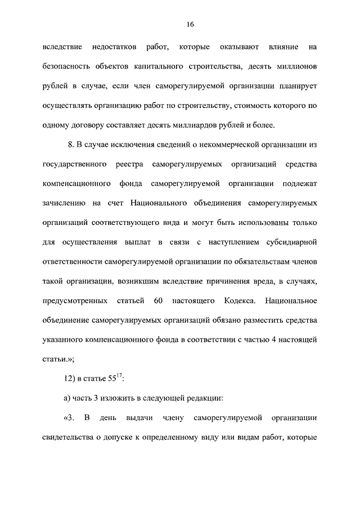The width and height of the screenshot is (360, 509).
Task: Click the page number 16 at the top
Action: (190, 24)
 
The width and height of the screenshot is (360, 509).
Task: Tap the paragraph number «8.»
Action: (71, 145)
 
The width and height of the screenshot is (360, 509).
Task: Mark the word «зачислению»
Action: (64, 203)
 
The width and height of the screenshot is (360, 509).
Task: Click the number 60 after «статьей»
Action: (157, 300)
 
